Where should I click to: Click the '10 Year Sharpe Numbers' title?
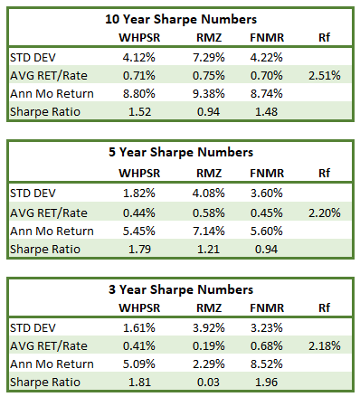181,19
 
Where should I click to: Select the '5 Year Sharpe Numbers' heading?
181,152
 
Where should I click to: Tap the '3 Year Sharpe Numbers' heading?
181,289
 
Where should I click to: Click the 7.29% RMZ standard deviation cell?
209,57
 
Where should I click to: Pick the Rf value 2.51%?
325,75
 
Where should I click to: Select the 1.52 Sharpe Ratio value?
139,112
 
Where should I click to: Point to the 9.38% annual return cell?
209,94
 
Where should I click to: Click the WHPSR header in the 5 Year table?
139,174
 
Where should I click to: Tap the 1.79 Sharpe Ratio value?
139,250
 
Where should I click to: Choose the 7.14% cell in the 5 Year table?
209,232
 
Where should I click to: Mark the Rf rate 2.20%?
325,213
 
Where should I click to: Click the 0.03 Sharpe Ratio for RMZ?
208,383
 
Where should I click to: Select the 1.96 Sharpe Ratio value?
266,383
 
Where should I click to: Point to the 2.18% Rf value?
325,345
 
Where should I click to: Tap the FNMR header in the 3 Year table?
267,308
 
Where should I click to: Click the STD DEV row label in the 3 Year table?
33,328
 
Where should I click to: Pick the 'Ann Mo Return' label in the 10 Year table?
52,94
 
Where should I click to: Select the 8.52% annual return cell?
267,364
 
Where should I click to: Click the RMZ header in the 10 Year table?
209,38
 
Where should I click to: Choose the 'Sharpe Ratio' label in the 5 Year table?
45,250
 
